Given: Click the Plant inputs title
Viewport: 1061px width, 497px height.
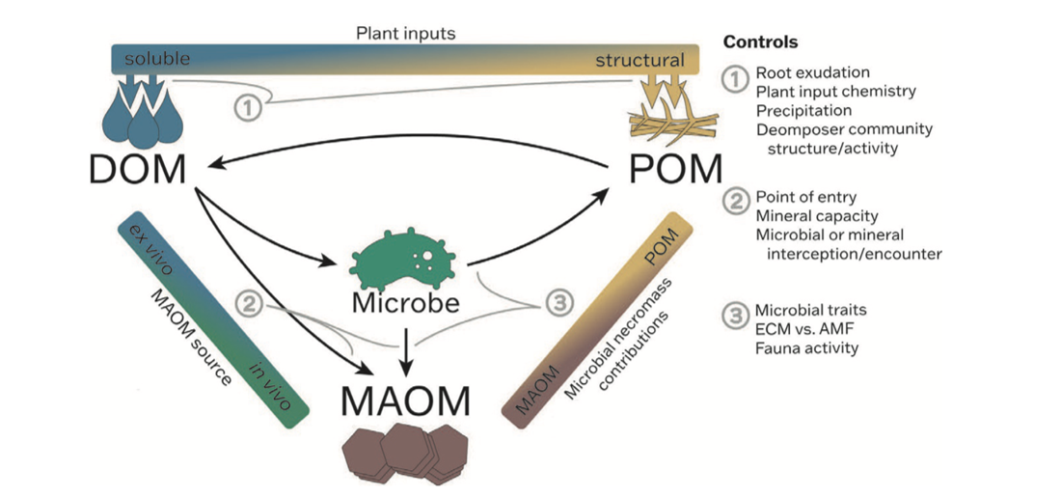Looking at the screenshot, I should tap(405, 34).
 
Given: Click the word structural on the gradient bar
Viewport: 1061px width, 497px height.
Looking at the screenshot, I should tap(639, 61).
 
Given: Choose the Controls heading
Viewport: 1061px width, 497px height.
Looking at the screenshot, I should tap(760, 43).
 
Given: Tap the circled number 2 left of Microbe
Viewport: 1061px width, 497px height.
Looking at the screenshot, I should tap(250, 304).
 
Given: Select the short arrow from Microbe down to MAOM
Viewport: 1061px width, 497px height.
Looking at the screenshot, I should tap(405, 352).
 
